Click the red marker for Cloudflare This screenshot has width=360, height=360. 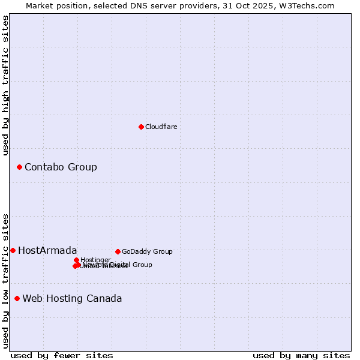click(141, 127)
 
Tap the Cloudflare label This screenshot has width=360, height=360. click(161, 127)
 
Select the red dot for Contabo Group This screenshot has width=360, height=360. click(19, 167)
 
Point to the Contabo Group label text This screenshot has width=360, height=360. click(61, 167)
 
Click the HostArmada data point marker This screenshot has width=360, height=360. click(13, 250)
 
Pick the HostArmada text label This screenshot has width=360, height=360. click(47, 250)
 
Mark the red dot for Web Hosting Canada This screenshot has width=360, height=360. click(17, 298)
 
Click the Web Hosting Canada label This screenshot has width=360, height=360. click(72, 298)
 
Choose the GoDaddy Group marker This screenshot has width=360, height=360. click(118, 251)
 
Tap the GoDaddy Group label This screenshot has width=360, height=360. click(147, 251)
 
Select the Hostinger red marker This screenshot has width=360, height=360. click(76, 260)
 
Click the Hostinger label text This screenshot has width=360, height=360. click(95, 260)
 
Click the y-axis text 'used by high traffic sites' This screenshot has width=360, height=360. click(5, 85)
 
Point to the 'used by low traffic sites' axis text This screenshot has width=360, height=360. click(5, 280)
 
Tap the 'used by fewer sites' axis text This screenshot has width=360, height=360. click(62, 355)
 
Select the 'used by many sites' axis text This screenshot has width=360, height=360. click(301, 355)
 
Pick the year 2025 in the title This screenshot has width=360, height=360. click(271, 5)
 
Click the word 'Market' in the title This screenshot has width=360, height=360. click(40, 5)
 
